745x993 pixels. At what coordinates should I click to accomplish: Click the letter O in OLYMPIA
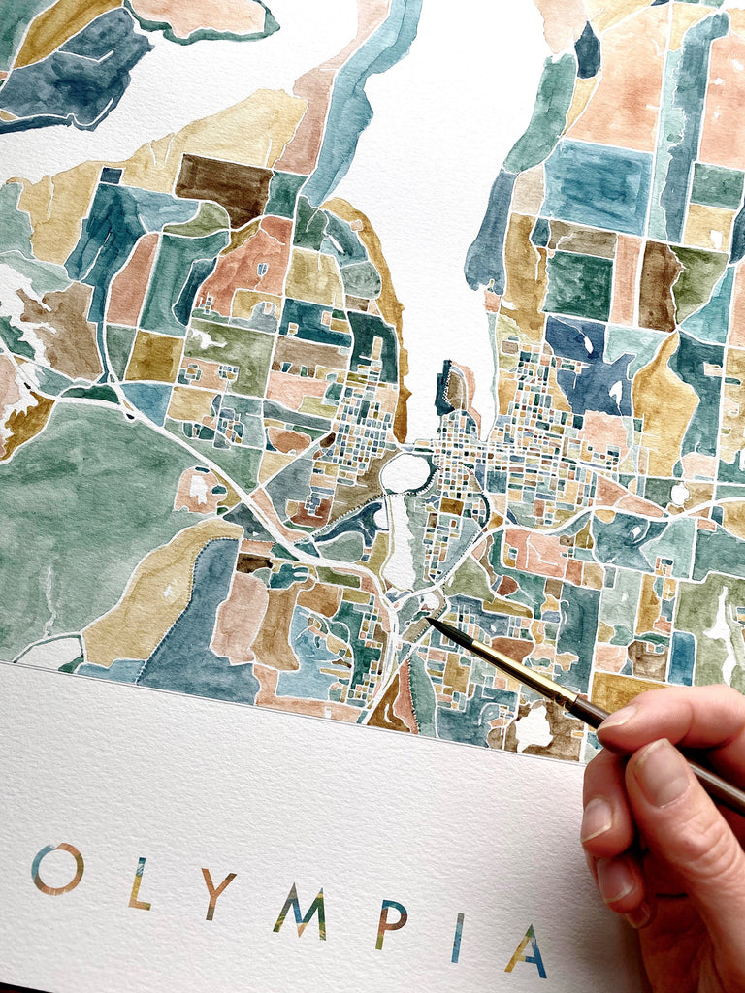(57, 869)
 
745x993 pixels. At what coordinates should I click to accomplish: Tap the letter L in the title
(139, 883)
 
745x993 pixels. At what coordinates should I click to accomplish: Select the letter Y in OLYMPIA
(217, 893)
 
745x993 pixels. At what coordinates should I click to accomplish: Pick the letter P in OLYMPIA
(390, 924)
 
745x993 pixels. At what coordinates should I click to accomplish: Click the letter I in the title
(457, 937)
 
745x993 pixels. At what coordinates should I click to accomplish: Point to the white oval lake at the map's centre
(405, 472)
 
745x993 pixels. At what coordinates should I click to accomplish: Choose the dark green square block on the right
(578, 284)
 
